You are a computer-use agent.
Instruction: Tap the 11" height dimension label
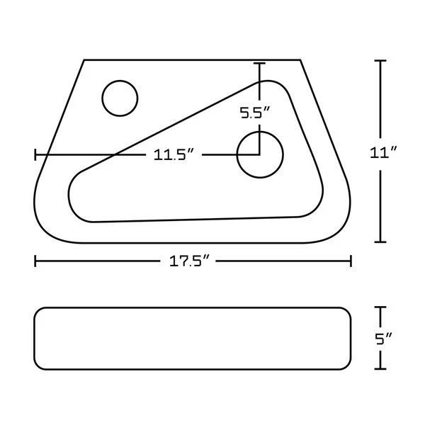coord(382,151)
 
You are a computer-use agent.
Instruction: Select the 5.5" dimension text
coord(256,112)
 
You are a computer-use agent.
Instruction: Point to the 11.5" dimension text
coord(174,155)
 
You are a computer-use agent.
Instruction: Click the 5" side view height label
coord(384,338)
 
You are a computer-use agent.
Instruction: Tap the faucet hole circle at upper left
coord(120,98)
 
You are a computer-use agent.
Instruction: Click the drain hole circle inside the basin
coord(259,154)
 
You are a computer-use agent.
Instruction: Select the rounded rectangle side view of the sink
coord(193,338)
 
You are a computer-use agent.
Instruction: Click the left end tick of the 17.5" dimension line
coord(35,261)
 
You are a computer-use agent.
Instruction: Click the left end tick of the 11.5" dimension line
coord(35,155)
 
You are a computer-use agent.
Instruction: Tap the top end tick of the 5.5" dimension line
coord(259,64)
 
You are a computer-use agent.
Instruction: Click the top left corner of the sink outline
coord(84,59)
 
